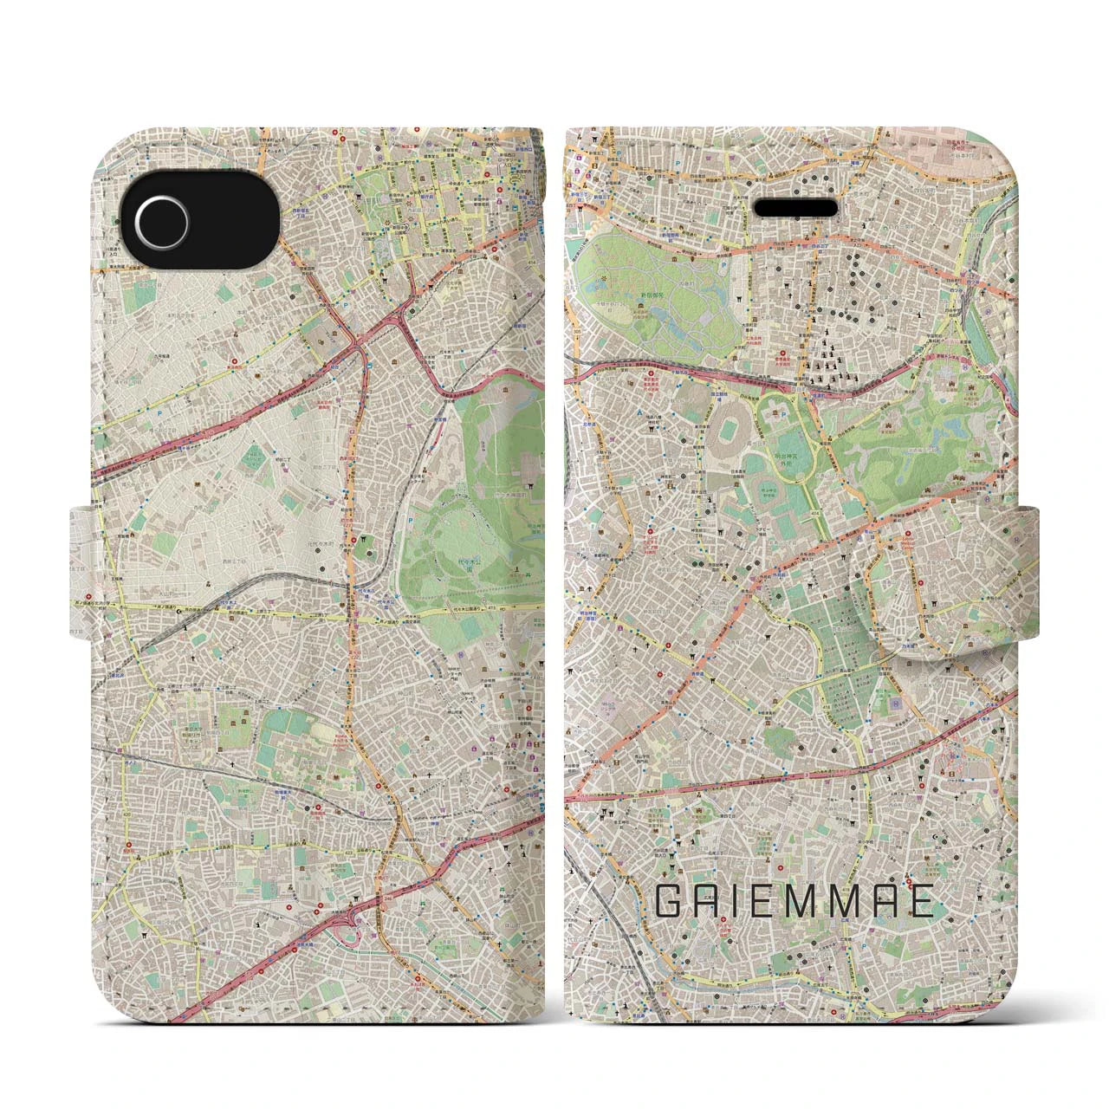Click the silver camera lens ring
click(159, 214)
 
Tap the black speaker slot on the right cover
click(797, 209)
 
